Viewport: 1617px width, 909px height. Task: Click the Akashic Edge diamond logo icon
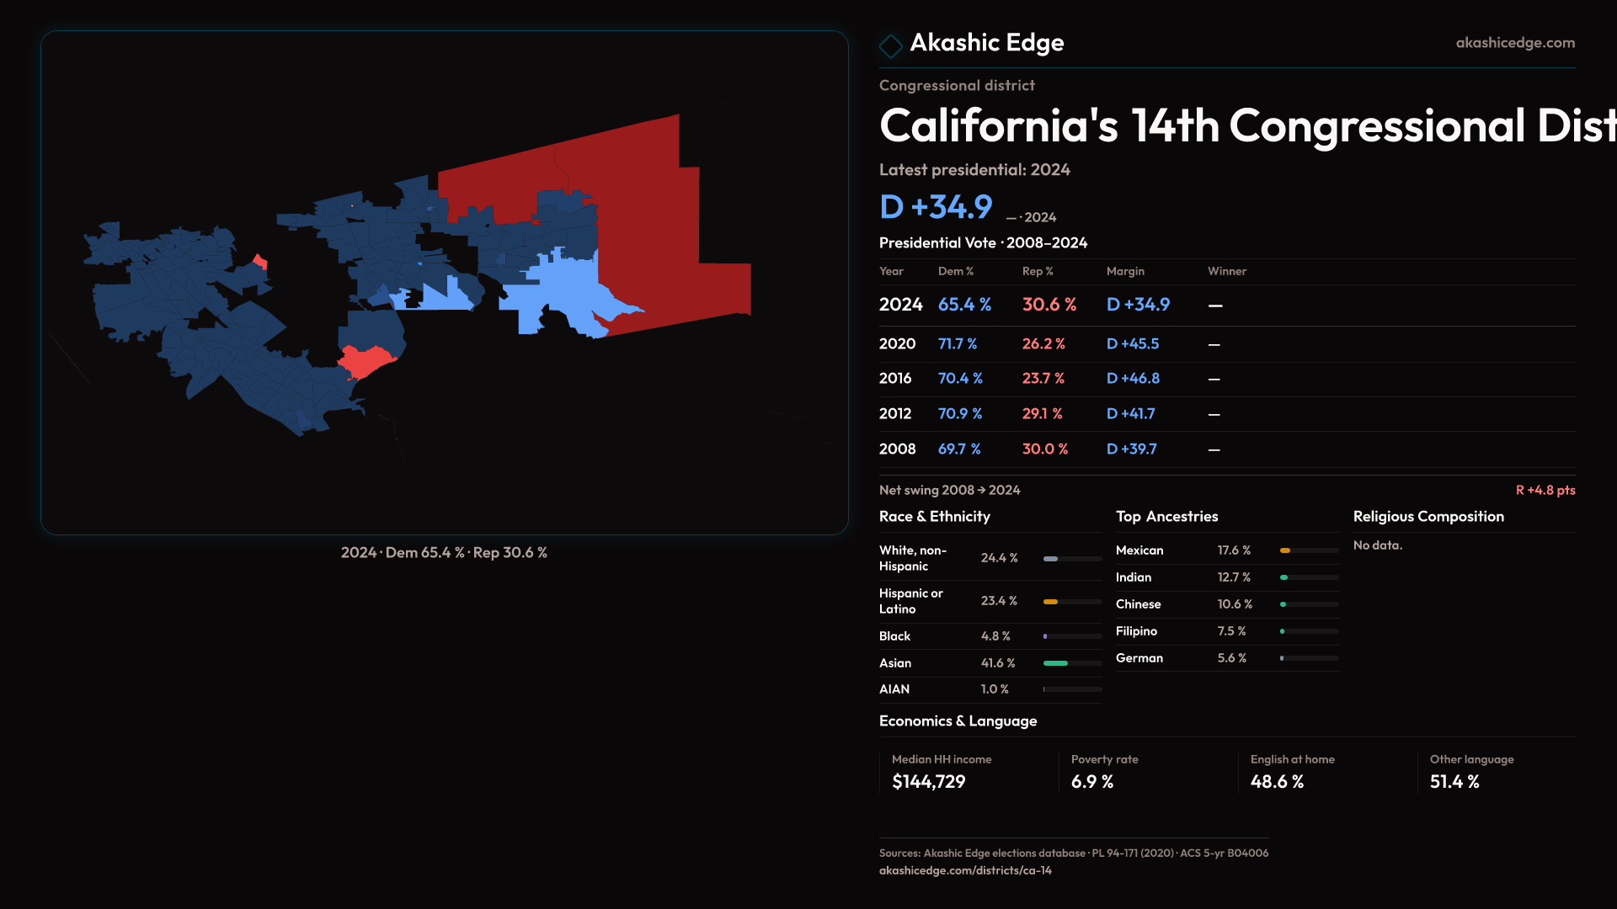click(x=890, y=45)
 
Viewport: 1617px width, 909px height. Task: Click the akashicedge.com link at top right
click(x=1515, y=43)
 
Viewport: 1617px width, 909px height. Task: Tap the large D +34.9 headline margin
click(x=936, y=207)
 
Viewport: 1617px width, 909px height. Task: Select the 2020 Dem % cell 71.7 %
click(x=958, y=344)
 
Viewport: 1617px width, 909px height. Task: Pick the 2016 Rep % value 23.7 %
click(x=1043, y=379)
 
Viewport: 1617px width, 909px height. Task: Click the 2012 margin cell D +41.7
click(x=1130, y=414)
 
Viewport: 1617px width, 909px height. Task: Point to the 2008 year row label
click(x=897, y=449)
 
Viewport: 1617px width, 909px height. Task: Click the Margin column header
click(x=1125, y=271)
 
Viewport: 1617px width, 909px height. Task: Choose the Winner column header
click(x=1226, y=271)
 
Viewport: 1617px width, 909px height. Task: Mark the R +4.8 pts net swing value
click(x=1545, y=490)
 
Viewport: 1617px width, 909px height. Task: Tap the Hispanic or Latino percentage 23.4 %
click(x=999, y=601)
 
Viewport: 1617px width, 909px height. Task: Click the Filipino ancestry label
click(x=1136, y=631)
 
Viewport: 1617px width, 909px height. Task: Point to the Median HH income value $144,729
click(x=928, y=782)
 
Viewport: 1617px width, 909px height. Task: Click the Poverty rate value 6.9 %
click(x=1092, y=782)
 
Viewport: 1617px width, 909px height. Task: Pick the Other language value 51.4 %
click(x=1454, y=782)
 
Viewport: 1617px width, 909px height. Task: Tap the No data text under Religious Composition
click(x=1378, y=545)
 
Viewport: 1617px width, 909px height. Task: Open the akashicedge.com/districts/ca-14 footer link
click(x=965, y=870)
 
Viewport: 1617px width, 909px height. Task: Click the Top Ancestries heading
click(x=1166, y=517)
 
